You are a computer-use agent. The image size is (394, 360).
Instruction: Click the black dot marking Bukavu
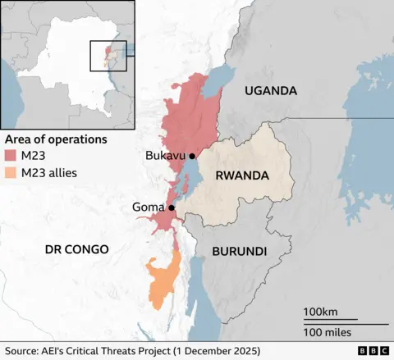click(x=192, y=156)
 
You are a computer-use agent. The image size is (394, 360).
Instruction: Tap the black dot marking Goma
click(x=171, y=208)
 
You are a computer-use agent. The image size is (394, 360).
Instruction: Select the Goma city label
click(x=149, y=208)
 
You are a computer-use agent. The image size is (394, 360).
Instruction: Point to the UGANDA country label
click(x=270, y=91)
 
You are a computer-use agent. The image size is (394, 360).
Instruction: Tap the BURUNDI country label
click(x=239, y=251)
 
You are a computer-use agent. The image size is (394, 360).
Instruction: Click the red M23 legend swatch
click(x=10, y=156)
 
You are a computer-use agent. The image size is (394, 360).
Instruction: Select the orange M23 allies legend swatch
click(x=10, y=173)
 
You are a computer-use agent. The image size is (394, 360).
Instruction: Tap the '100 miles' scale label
click(x=328, y=332)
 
